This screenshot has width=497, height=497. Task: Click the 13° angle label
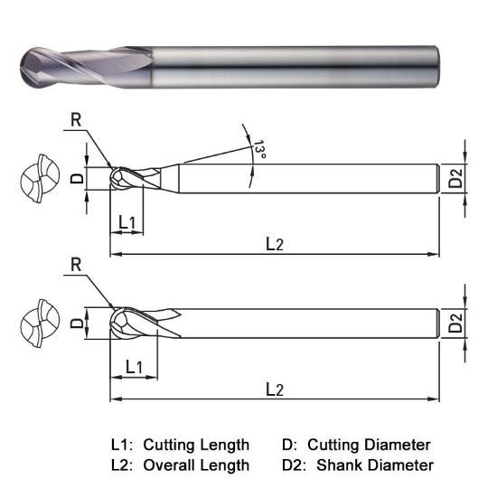259,150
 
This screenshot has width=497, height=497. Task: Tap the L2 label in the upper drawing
275,244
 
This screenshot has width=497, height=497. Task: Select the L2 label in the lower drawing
275,388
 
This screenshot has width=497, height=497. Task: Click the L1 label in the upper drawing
127,221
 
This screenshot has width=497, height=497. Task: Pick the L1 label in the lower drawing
135,366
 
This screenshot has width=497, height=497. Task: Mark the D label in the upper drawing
77,177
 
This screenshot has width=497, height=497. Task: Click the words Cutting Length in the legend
195,445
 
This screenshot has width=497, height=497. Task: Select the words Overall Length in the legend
195,465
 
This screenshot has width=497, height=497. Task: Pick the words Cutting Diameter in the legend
369,445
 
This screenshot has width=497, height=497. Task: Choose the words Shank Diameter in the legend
370,465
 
